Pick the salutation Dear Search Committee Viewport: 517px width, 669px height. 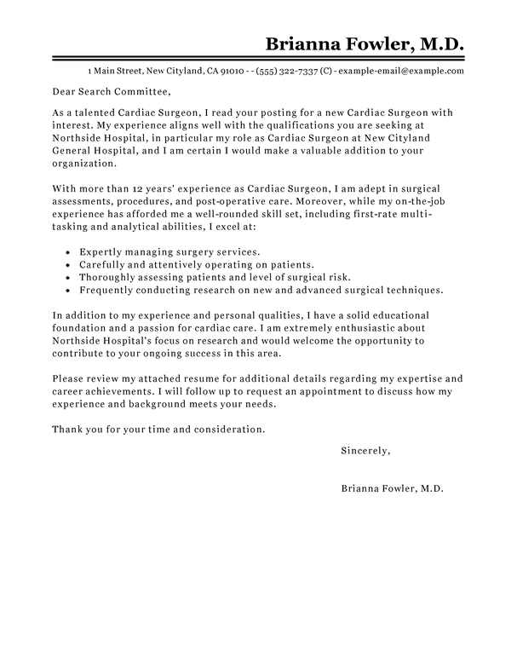(112, 92)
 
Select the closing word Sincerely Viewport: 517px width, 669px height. (365, 448)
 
